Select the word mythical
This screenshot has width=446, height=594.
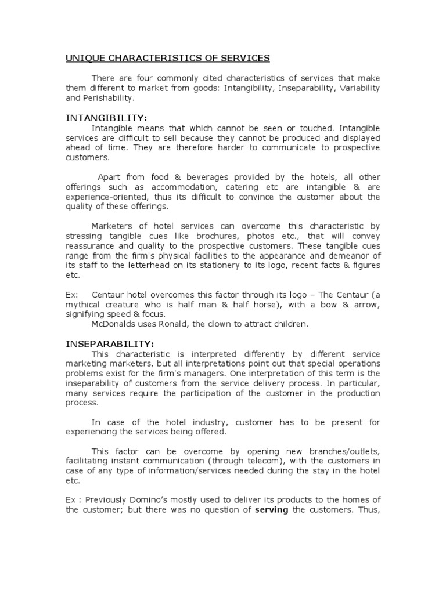pyautogui.click(x=82, y=305)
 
